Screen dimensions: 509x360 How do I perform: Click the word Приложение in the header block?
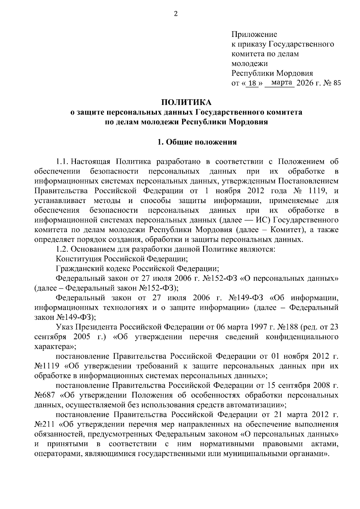254,34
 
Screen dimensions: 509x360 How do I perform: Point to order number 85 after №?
337,83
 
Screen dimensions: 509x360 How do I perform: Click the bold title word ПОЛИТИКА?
186,102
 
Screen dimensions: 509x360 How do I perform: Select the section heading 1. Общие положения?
197,142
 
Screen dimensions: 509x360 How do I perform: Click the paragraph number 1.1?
62,162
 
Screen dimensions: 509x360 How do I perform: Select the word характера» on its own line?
51,346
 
